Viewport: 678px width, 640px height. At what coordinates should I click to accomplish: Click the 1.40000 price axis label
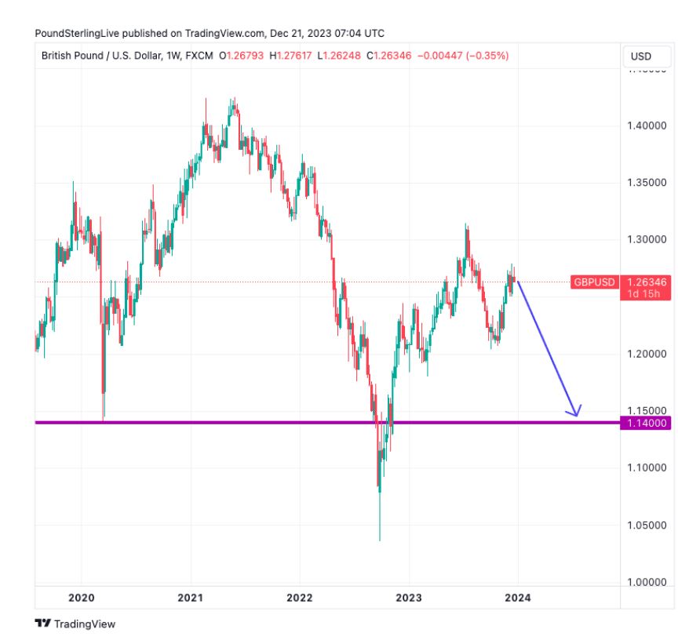[647, 125]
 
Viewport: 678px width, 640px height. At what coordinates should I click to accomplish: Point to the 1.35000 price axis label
[647, 183]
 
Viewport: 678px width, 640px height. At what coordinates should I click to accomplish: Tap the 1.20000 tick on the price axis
[647, 355]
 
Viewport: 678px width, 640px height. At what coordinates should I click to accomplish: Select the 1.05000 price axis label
[647, 525]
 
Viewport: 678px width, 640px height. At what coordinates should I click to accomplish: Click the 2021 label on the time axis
[191, 598]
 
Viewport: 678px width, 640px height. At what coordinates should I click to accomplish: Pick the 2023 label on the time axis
[409, 598]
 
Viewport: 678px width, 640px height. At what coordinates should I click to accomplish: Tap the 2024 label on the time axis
[518, 598]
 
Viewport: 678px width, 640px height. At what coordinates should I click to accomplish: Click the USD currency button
[641, 56]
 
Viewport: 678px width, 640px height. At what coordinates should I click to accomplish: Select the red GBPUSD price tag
[594, 282]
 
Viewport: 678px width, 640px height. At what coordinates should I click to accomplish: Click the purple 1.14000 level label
[647, 423]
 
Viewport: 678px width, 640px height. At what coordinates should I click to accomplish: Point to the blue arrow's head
[577, 413]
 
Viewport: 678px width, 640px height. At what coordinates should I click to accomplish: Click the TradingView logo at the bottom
[75, 624]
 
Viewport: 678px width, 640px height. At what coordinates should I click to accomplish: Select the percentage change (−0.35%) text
[485, 56]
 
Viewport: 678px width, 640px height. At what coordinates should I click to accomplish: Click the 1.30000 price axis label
[647, 240]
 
